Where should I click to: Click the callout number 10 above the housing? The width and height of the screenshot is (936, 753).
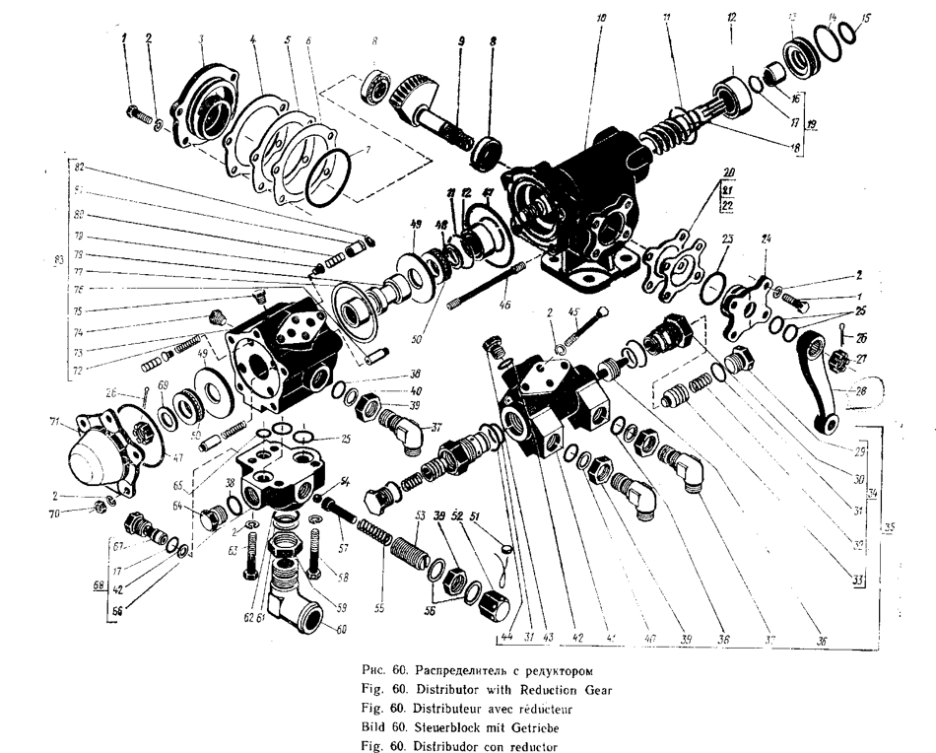point(602,18)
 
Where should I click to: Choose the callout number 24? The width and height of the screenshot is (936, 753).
point(767,240)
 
